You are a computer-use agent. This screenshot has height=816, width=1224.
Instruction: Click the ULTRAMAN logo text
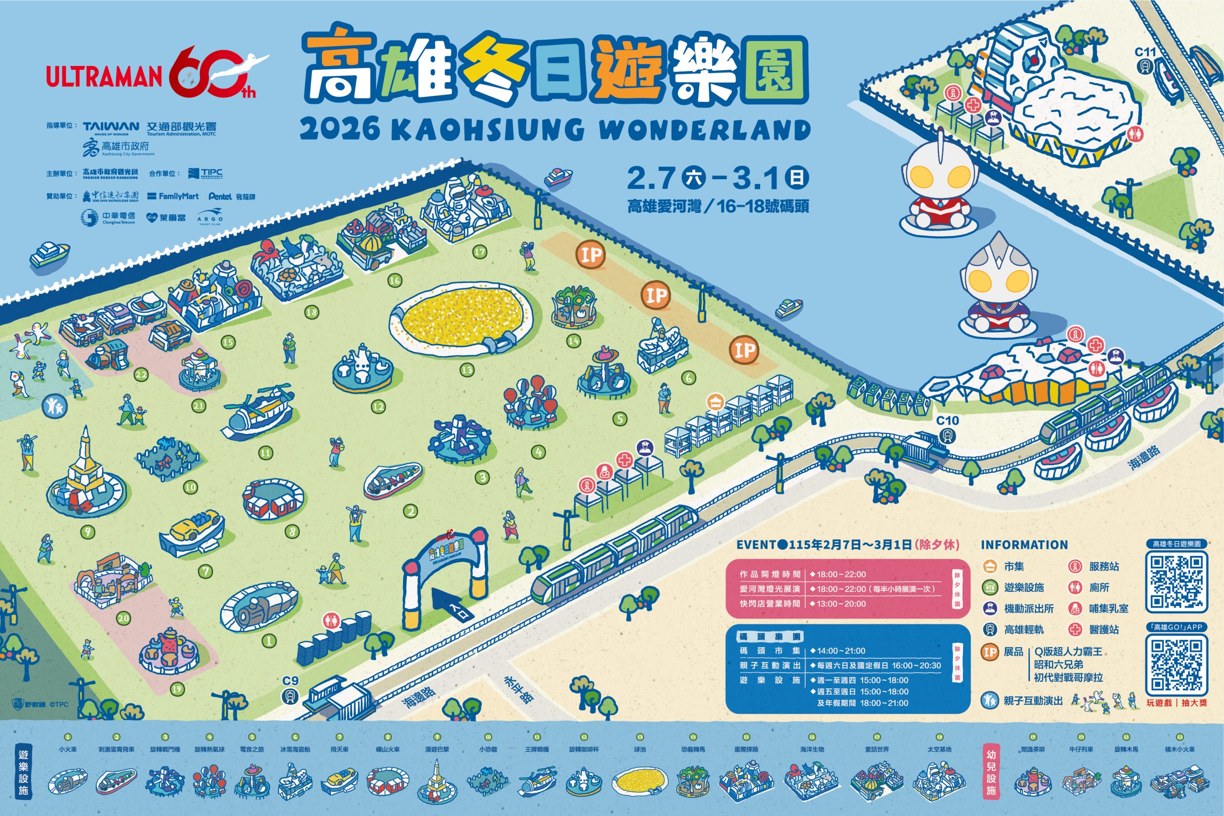click(x=104, y=76)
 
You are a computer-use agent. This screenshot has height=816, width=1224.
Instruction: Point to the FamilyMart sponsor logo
click(x=173, y=196)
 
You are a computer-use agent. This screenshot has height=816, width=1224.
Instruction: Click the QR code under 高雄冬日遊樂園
click(x=1176, y=582)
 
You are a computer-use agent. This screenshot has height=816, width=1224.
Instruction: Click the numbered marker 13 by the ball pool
click(x=467, y=370)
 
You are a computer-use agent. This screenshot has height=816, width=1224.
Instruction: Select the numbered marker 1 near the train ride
click(x=269, y=641)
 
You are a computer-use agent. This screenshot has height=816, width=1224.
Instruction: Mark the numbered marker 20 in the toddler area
click(x=123, y=619)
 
